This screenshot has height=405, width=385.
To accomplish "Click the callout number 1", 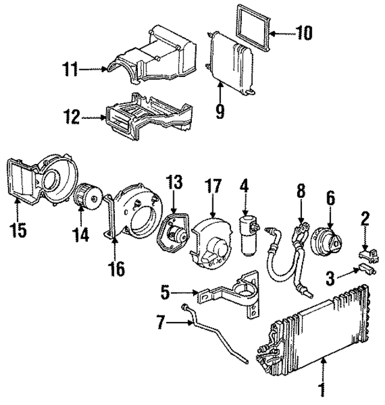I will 322,390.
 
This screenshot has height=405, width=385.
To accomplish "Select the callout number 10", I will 304,32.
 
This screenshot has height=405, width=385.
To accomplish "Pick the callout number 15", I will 20,230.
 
